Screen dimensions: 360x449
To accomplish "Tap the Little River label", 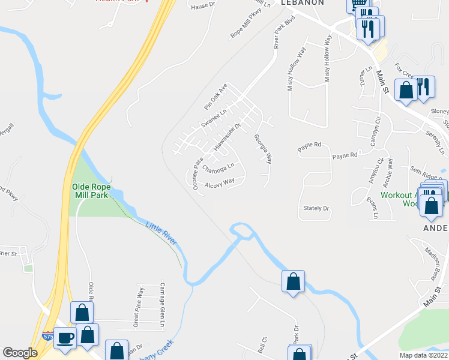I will tap(161, 233).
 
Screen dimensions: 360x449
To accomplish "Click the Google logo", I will tap(20, 353).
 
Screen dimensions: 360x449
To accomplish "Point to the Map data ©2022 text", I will tap(423, 355).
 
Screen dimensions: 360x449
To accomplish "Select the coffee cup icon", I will tap(65, 338).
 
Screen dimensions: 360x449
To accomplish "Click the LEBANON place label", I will tap(303, 3).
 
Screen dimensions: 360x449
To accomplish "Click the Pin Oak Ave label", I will tap(215, 92).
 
